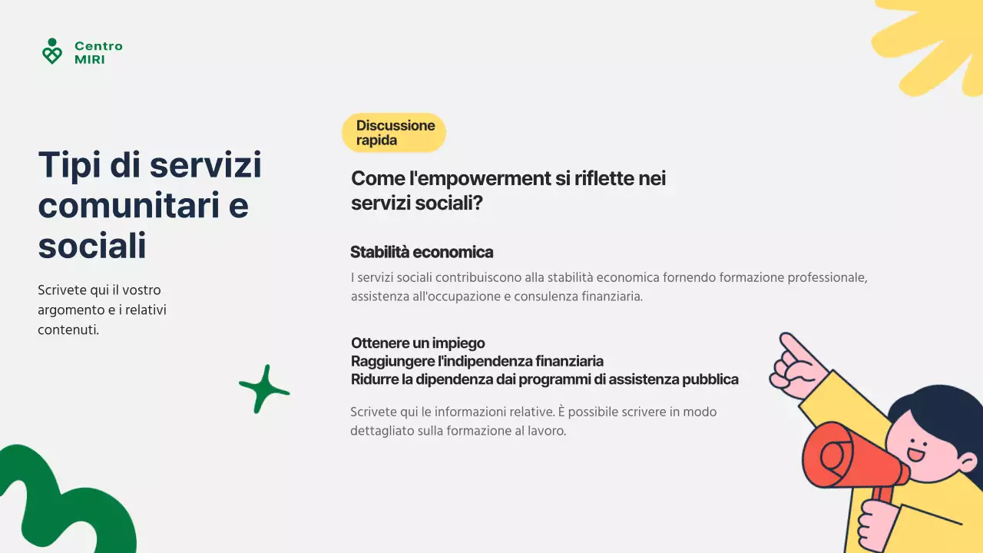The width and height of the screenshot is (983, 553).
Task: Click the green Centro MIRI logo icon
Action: pyautogui.click(x=51, y=51)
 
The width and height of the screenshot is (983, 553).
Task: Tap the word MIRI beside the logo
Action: pyautogui.click(x=89, y=59)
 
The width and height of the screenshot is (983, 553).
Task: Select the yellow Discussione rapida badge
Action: pyautogui.click(x=394, y=133)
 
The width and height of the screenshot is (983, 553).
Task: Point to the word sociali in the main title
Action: pyautogui.click(x=91, y=247)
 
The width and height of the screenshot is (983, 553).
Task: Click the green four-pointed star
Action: pyautogui.click(x=264, y=389)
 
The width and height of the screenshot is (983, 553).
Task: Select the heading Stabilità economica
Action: pyautogui.click(x=422, y=252)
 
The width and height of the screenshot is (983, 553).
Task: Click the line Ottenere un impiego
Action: pyautogui.click(x=418, y=343)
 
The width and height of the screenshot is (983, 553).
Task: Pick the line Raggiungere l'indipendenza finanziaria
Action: pyautogui.click(x=477, y=361)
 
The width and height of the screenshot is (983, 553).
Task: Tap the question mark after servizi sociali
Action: pyautogui.click(x=478, y=204)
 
